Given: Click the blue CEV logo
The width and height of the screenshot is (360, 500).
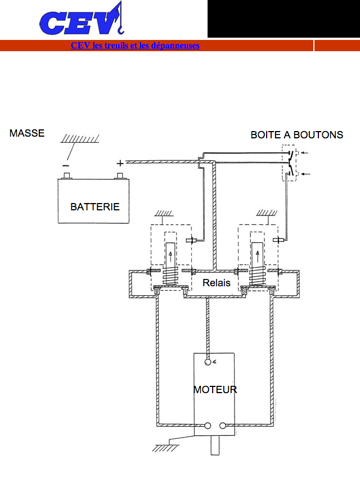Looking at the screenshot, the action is pyautogui.click(x=82, y=20).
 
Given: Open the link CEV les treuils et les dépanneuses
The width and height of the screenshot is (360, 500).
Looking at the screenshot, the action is pyautogui.click(x=135, y=46).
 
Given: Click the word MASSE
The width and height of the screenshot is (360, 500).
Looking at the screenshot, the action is pyautogui.click(x=27, y=133).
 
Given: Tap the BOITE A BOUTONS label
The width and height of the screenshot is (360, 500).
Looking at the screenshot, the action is pyautogui.click(x=297, y=135).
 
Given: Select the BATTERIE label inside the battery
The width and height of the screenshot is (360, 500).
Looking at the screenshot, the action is pyautogui.click(x=94, y=206).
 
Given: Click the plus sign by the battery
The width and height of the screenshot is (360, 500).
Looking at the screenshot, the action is pyautogui.click(x=120, y=163).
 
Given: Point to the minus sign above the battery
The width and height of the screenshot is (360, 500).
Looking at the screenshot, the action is pyautogui.click(x=66, y=165).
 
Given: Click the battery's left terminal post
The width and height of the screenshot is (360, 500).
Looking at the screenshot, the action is pyautogui.click(x=67, y=175).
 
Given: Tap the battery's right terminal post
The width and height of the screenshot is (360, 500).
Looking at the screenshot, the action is pyautogui.click(x=120, y=175).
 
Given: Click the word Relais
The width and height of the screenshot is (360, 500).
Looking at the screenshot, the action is pyautogui.click(x=217, y=282).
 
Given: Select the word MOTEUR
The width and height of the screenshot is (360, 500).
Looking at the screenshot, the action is pyautogui.click(x=215, y=389).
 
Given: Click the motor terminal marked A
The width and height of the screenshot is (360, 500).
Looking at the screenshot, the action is pyautogui.click(x=208, y=362).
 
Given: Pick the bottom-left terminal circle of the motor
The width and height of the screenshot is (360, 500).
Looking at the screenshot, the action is pyautogui.click(x=208, y=425).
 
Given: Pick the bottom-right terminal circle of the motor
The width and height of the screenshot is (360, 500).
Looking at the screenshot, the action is pyautogui.click(x=223, y=425).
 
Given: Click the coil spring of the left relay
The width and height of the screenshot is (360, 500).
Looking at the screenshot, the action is pyautogui.click(x=170, y=276).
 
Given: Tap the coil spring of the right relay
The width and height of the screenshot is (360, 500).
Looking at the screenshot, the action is pyautogui.click(x=257, y=276).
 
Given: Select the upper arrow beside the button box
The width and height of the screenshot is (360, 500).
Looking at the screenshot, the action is pyautogui.click(x=304, y=153).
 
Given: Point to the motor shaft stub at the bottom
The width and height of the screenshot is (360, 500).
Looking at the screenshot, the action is pyautogui.click(x=215, y=445).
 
